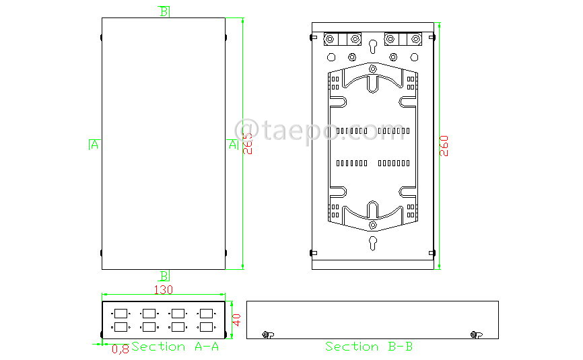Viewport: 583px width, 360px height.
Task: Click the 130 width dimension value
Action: click(x=164, y=290)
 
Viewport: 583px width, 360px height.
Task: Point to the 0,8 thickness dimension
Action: click(x=121, y=349)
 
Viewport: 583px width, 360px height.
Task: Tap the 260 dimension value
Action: click(x=444, y=146)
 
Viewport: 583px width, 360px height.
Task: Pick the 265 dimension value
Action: click(x=248, y=145)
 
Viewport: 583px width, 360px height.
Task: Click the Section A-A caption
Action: click(x=175, y=347)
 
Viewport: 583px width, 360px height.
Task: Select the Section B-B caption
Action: click(x=369, y=347)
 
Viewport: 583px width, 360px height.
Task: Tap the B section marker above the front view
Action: click(x=164, y=11)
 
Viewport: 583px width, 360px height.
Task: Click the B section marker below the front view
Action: click(x=164, y=276)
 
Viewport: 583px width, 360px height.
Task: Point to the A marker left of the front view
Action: click(x=94, y=144)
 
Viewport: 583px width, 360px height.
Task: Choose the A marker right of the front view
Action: click(x=233, y=144)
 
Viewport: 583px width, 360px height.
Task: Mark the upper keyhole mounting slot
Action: click(x=372, y=46)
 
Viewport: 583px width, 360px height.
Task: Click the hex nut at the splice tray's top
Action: click(x=372, y=68)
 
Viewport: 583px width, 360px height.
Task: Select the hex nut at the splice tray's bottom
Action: click(x=372, y=224)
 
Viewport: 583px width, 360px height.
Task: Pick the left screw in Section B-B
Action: click(x=267, y=334)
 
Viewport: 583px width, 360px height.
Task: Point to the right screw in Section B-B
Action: click(x=475, y=334)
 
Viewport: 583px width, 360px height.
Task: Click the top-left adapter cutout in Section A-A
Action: click(x=121, y=313)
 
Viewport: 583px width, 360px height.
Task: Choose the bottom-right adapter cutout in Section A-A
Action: click(x=206, y=327)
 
